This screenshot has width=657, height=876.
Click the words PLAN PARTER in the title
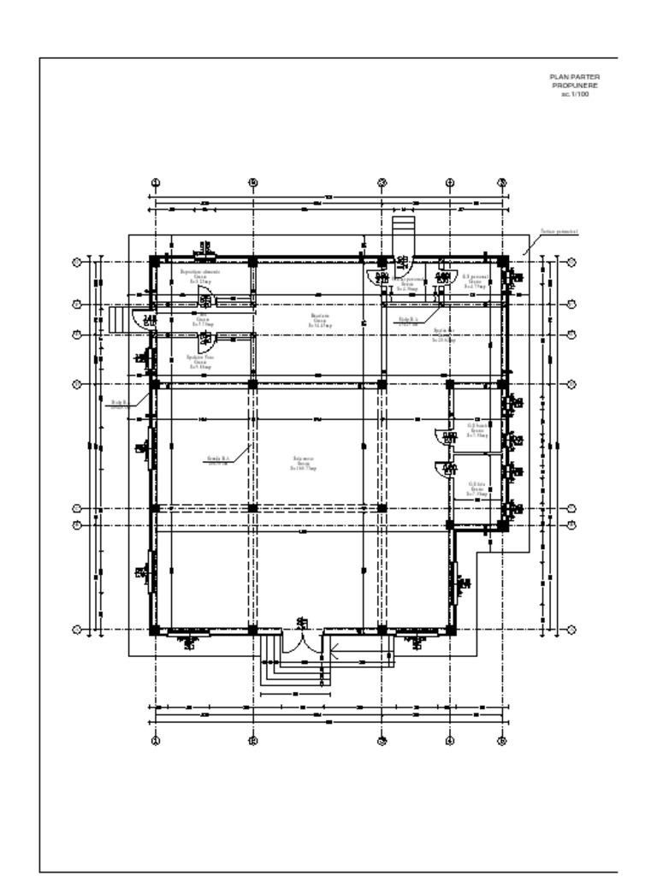574,76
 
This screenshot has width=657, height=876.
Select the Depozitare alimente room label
199,272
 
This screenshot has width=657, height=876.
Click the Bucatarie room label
320,316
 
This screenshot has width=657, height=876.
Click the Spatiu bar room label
444,330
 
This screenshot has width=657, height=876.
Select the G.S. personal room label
475,278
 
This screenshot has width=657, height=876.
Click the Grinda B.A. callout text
220,459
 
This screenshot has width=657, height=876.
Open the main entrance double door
301,642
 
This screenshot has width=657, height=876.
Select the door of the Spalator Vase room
205,340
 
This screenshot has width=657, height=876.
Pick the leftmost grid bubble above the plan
156,183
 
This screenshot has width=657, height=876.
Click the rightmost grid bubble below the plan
502,741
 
